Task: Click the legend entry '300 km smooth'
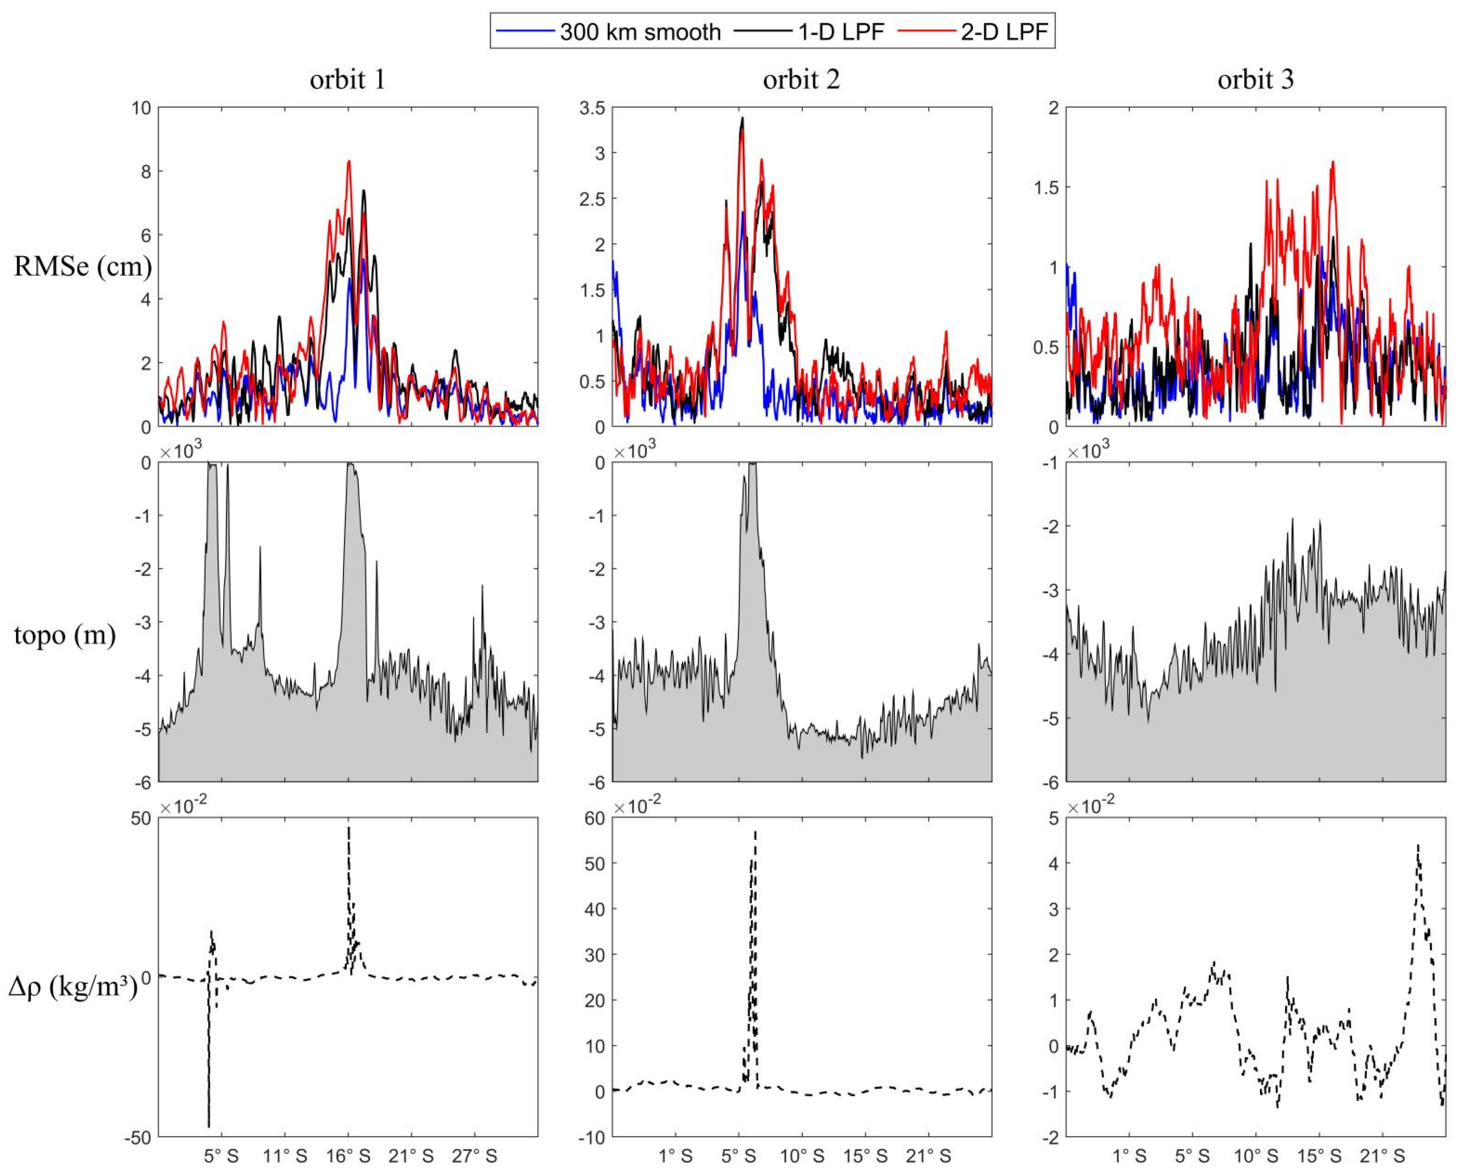(x=639, y=32)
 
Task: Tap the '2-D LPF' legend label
(x=1004, y=32)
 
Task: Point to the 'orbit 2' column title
(x=802, y=80)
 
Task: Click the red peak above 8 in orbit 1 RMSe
(x=349, y=161)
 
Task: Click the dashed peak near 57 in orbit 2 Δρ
(x=755, y=832)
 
